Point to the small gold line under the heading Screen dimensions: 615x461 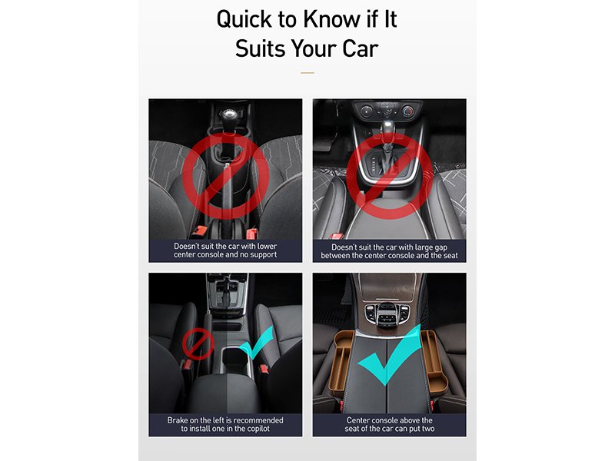307,73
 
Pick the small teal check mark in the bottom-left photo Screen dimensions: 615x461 257,343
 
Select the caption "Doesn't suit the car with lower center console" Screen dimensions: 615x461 225,250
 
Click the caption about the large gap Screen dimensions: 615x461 389,251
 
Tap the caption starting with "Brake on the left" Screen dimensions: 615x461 225,424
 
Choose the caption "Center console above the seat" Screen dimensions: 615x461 390,424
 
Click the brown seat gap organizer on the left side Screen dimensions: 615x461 339,360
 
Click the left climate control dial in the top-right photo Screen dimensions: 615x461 367,111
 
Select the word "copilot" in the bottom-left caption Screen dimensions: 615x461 256,429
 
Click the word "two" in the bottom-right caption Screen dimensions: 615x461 428,429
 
